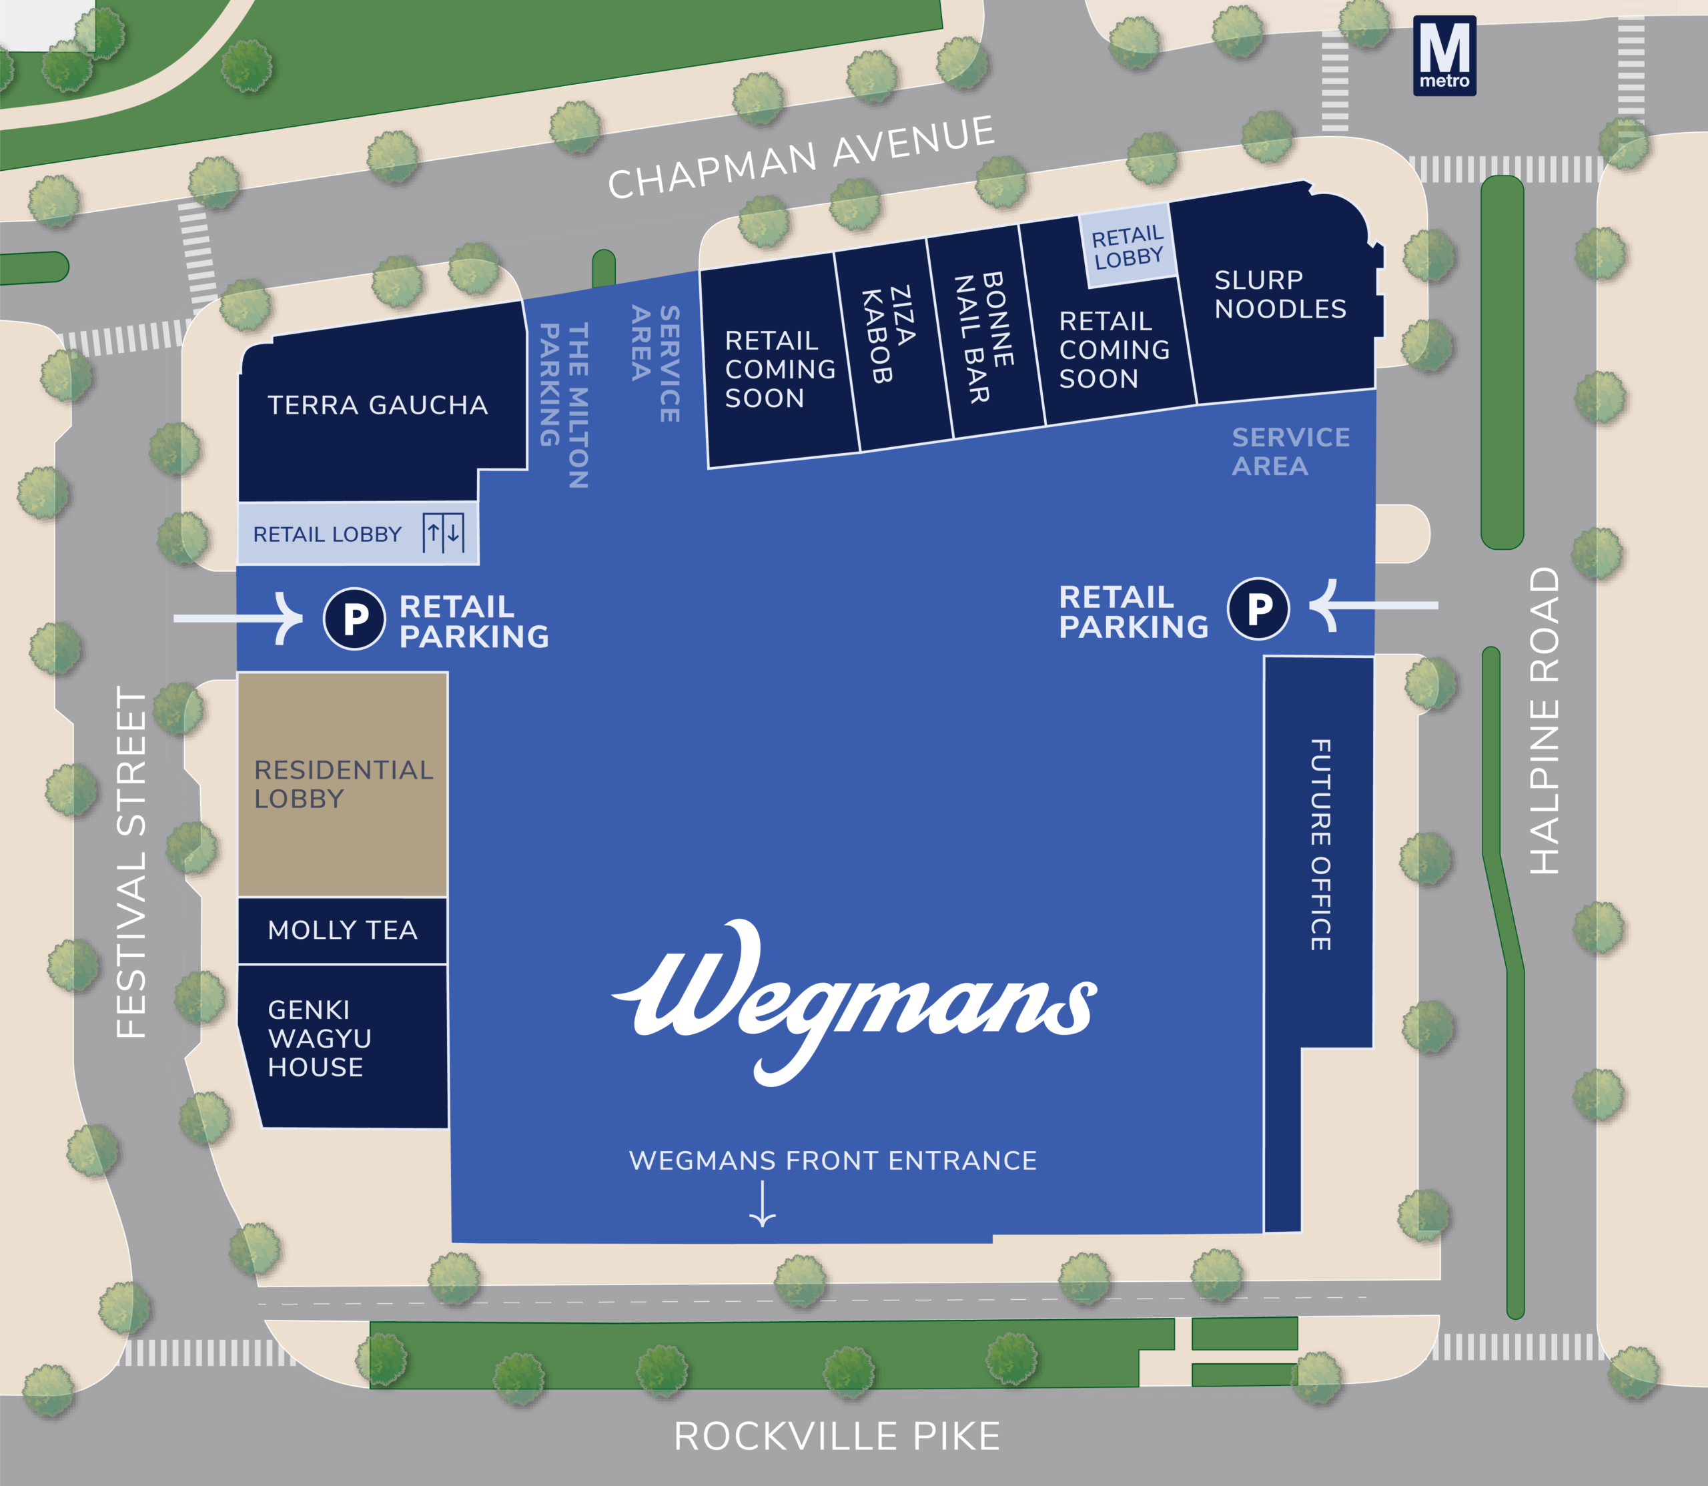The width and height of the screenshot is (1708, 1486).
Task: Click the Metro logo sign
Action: point(1444,55)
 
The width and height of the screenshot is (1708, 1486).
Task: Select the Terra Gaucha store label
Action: point(377,406)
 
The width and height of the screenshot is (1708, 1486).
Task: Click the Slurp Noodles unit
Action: point(1280,294)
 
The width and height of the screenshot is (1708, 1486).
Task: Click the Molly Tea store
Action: point(342,930)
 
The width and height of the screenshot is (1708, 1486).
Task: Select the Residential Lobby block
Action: point(342,783)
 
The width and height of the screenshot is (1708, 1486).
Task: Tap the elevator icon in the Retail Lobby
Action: point(443,532)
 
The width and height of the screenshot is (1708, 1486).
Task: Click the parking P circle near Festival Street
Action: point(355,619)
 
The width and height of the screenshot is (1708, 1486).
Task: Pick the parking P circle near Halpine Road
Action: point(1258,609)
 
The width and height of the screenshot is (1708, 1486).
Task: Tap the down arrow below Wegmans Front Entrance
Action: point(762,1203)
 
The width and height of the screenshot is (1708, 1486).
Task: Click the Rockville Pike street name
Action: point(837,1436)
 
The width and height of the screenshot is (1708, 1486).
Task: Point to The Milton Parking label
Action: point(564,404)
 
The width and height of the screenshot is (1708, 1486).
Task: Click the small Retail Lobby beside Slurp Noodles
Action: point(1128,246)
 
